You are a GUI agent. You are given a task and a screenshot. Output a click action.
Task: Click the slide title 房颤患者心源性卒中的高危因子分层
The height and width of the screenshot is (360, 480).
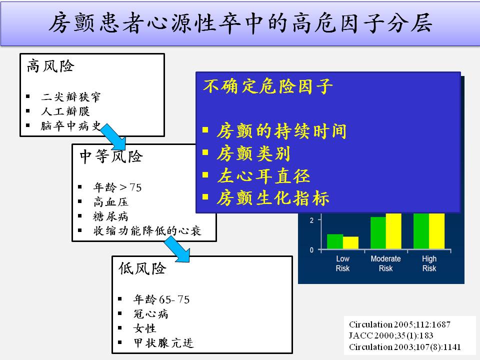tap(240, 23)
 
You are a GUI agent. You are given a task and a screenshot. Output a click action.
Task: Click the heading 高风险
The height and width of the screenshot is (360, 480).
tap(50, 66)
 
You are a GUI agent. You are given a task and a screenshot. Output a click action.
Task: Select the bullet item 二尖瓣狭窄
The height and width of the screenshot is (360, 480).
tap(70, 96)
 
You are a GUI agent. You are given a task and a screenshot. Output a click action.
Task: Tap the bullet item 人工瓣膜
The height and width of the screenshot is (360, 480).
tap(65, 111)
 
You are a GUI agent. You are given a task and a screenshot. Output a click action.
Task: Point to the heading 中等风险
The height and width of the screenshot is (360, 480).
tap(111, 156)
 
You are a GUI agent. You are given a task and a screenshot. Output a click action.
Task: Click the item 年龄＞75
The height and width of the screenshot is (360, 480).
tap(117, 187)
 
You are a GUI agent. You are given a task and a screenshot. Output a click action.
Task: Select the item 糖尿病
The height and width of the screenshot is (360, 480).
tap(110, 216)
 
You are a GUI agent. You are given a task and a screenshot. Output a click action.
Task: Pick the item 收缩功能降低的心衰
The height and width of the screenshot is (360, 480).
tap(147, 231)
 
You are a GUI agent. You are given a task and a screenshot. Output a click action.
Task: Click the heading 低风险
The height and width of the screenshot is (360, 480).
tap(142, 268)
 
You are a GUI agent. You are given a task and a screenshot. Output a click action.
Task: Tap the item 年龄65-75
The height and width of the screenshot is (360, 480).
tap(161, 299)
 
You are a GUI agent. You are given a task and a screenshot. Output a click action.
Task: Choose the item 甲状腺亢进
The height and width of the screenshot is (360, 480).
tap(163, 343)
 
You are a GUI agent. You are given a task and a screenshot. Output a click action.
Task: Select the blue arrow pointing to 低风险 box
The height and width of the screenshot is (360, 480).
tap(177, 249)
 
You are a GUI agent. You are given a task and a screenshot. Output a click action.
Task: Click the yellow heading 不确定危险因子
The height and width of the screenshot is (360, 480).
tap(268, 86)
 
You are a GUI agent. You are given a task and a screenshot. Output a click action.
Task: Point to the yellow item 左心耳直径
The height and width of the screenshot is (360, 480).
tap(263, 176)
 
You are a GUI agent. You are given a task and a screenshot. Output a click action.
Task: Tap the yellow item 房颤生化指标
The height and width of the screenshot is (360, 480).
tap(273, 198)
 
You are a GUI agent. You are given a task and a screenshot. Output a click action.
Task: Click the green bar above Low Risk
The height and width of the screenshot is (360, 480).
tap(335, 241)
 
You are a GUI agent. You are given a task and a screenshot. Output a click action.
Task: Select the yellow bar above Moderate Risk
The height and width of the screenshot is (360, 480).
tap(393, 231)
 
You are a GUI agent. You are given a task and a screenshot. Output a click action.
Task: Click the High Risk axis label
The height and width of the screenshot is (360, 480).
tap(429, 263)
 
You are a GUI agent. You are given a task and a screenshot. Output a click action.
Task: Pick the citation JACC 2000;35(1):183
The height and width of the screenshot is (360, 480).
tap(391, 335)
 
